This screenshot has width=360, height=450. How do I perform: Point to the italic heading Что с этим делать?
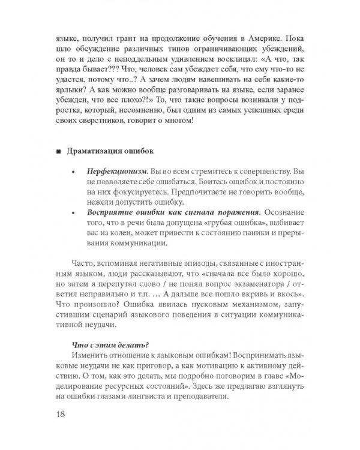point(106,344)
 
